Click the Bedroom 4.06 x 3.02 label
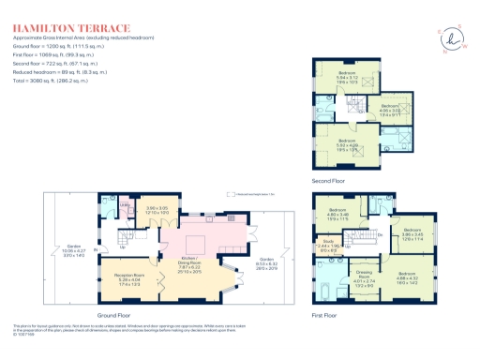click(390, 108)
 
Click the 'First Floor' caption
click(323, 317)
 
